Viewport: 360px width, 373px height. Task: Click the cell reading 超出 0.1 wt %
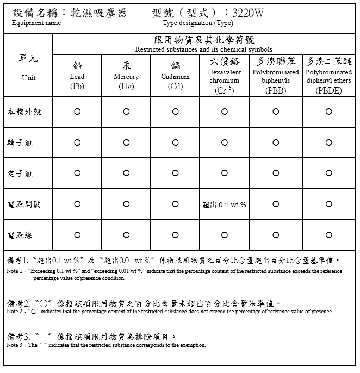click(224, 204)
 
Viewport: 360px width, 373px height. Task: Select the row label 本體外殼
click(24, 111)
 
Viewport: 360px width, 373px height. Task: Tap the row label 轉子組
click(20, 142)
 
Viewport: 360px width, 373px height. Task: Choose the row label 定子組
click(20, 173)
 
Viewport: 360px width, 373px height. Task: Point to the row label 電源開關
click(24, 204)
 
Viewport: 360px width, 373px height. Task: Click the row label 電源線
click(20, 235)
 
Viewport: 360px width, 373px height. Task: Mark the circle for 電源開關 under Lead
click(77, 204)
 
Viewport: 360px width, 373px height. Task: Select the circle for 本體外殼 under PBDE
click(328, 111)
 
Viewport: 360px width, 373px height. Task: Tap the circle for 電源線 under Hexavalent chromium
click(225, 235)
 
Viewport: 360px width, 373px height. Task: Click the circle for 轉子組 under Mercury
click(126, 142)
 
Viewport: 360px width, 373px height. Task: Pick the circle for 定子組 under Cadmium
click(175, 173)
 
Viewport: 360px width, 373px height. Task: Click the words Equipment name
click(36, 23)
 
